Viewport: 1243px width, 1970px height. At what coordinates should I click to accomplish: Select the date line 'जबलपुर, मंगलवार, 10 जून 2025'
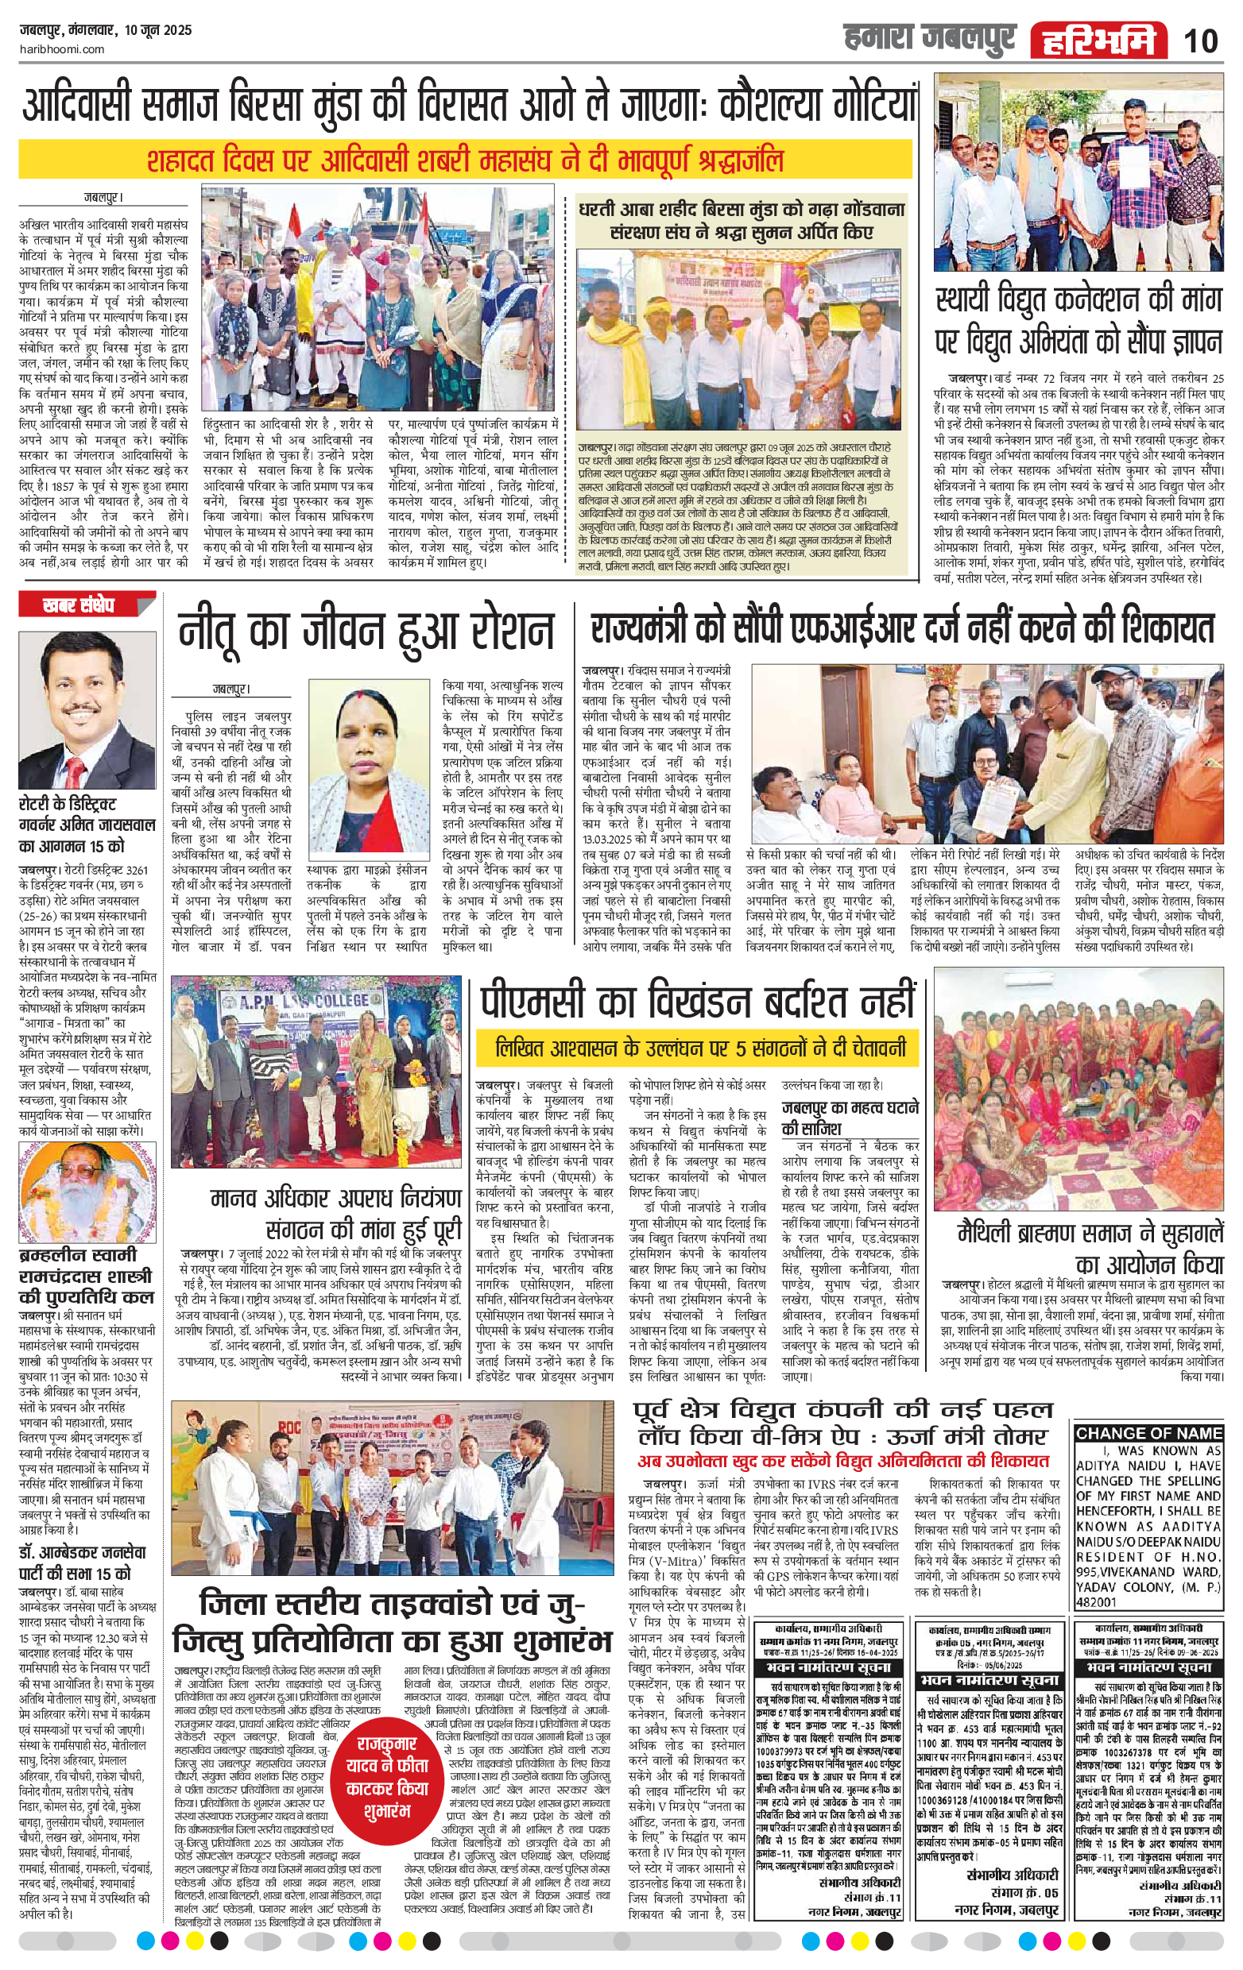105,30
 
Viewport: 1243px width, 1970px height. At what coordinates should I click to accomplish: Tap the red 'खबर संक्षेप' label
79,606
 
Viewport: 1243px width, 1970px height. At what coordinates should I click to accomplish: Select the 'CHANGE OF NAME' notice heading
1149,1433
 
